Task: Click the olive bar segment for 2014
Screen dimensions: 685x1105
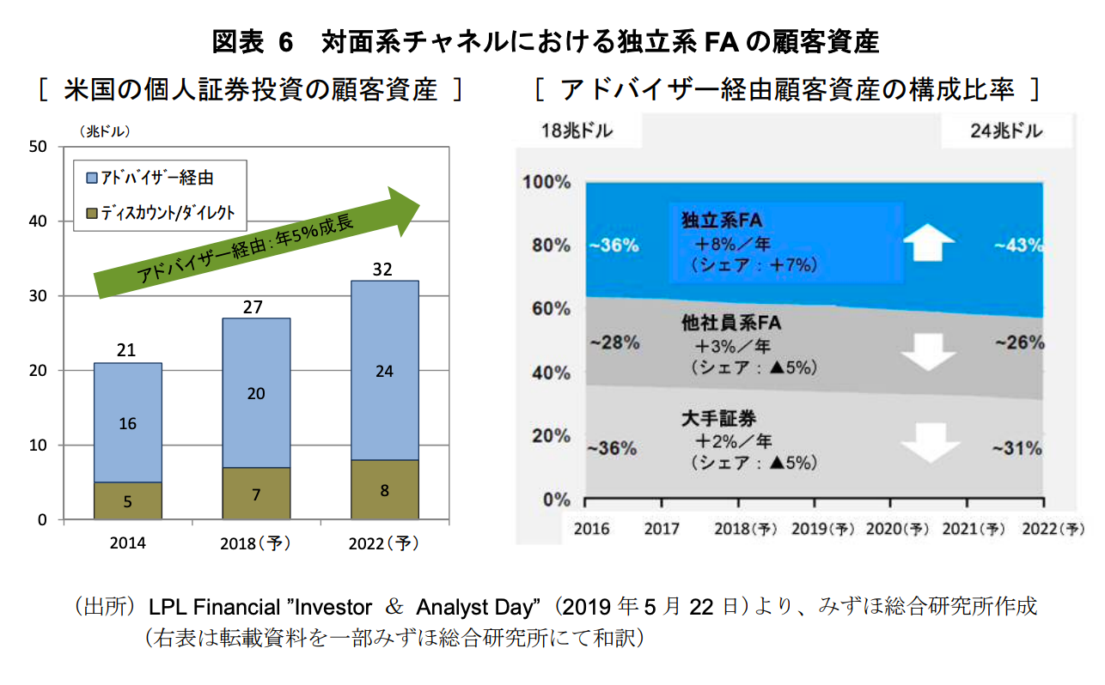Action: point(127,500)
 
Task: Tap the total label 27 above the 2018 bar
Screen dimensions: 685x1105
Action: point(255,307)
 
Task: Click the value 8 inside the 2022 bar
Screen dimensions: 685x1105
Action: point(384,491)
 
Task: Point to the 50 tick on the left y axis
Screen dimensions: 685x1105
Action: point(38,147)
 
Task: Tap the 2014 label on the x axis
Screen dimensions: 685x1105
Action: point(127,543)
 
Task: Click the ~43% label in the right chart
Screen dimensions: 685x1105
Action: point(1019,246)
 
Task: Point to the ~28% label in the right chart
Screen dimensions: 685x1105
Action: point(614,342)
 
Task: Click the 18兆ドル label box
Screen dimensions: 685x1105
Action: point(577,131)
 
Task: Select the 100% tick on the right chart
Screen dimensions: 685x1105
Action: point(546,182)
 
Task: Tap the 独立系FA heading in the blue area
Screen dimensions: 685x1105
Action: point(716,221)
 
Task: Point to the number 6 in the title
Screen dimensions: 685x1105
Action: point(285,40)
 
